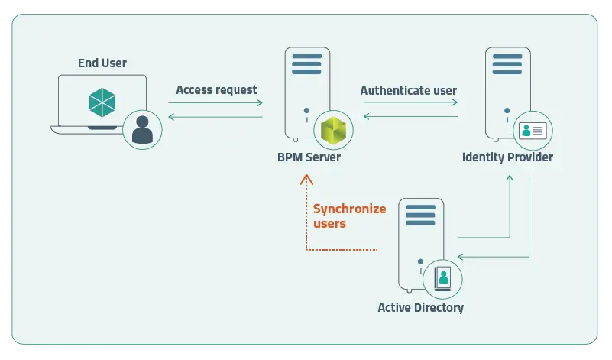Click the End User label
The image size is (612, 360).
(102, 63)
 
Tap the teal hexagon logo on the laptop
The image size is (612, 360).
(102, 102)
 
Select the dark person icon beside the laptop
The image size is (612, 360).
(142, 130)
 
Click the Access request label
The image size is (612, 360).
(216, 90)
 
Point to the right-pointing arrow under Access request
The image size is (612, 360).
(215, 102)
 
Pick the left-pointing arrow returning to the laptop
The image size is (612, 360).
(215, 117)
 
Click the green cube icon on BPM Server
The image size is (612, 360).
(333, 130)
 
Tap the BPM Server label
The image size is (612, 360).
(309, 157)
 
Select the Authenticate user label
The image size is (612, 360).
(408, 91)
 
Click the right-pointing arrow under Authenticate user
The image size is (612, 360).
(410, 102)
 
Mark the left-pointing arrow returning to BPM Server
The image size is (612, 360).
(410, 116)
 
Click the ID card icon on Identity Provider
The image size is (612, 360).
(533, 131)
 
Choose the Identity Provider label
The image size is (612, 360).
(507, 157)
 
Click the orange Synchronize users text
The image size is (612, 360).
(349, 216)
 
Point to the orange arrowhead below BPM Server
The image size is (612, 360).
(307, 180)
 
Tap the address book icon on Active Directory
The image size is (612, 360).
(442, 279)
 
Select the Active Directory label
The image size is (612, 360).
(421, 308)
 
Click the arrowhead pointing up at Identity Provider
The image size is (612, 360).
(510, 177)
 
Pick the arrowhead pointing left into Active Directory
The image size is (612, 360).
(460, 257)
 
